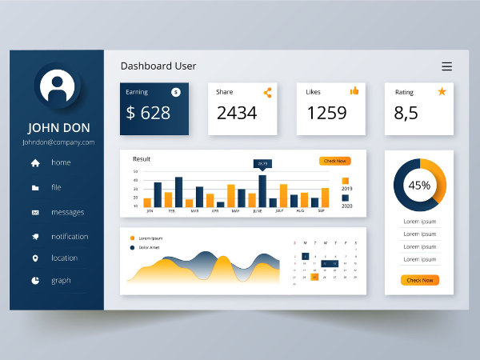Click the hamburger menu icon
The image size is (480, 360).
coord(446,66)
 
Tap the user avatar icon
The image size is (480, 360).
coord(57,86)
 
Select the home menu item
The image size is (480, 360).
coord(61,163)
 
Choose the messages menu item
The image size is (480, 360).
coord(67,213)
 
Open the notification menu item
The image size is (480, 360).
coord(70,237)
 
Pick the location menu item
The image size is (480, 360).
coord(64,258)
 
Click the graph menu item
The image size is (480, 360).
coord(61,281)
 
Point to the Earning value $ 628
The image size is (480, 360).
coord(148,113)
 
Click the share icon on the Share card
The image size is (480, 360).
coord(267,93)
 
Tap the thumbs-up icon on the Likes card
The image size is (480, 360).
coord(354,91)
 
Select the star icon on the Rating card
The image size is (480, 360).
coord(442,91)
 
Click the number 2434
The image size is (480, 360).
coord(237,113)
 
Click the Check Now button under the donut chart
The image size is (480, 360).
coord(419,280)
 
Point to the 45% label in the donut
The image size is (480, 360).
coord(419,186)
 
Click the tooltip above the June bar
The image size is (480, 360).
coord(262,164)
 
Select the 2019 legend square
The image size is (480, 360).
coord(346,181)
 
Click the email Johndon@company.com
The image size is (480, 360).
coord(58,142)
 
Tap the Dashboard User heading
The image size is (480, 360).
coord(158,66)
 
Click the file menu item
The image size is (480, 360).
coord(56,188)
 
